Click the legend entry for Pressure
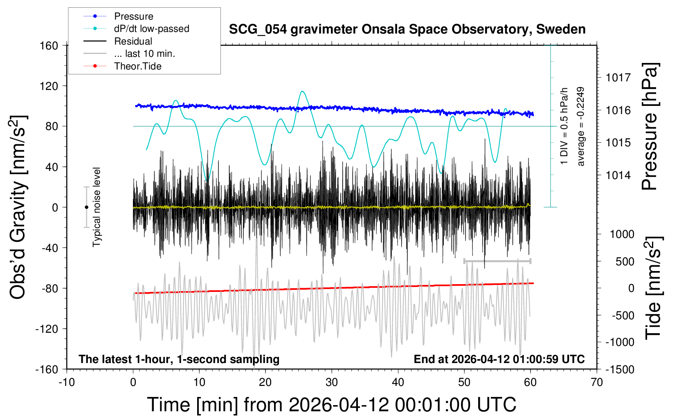click(x=133, y=16)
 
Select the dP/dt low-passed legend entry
click(x=151, y=29)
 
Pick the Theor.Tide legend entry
click(x=137, y=66)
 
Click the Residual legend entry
click(x=133, y=41)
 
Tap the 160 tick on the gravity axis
click(x=49, y=45)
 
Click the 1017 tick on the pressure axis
click(x=618, y=77)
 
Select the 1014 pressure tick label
click(x=618, y=175)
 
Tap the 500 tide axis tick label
click(x=625, y=262)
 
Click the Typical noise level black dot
click(x=86, y=207)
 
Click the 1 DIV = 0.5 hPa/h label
click(x=564, y=126)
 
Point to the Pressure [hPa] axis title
click(x=650, y=126)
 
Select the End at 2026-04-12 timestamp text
click(x=499, y=359)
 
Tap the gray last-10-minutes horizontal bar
click(x=497, y=261)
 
